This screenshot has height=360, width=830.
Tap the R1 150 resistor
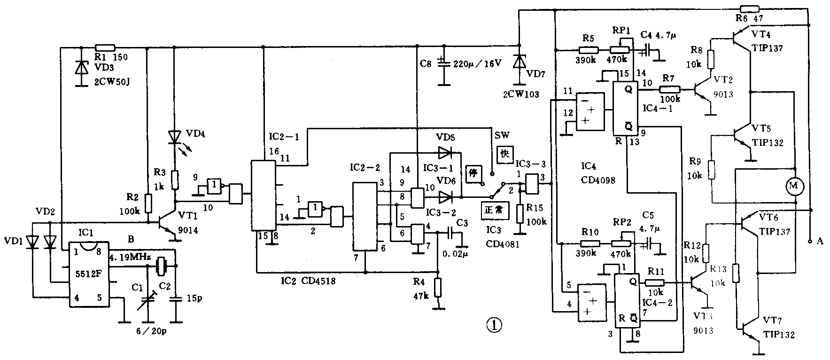pos(105,47)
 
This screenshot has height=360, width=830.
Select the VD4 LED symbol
pos(175,137)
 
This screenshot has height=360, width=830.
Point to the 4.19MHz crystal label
pos(129,258)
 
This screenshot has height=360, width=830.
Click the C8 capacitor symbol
pos(442,63)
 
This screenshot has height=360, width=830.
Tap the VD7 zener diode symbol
pos(519,62)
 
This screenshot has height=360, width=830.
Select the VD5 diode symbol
pos(445,152)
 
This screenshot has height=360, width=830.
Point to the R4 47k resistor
pos(438,287)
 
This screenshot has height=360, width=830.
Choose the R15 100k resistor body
pos(520,213)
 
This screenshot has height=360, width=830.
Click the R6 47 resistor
pos(750,8)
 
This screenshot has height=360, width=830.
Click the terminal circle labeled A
pos(809,242)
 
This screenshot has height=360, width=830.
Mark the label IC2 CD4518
pos(305,282)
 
